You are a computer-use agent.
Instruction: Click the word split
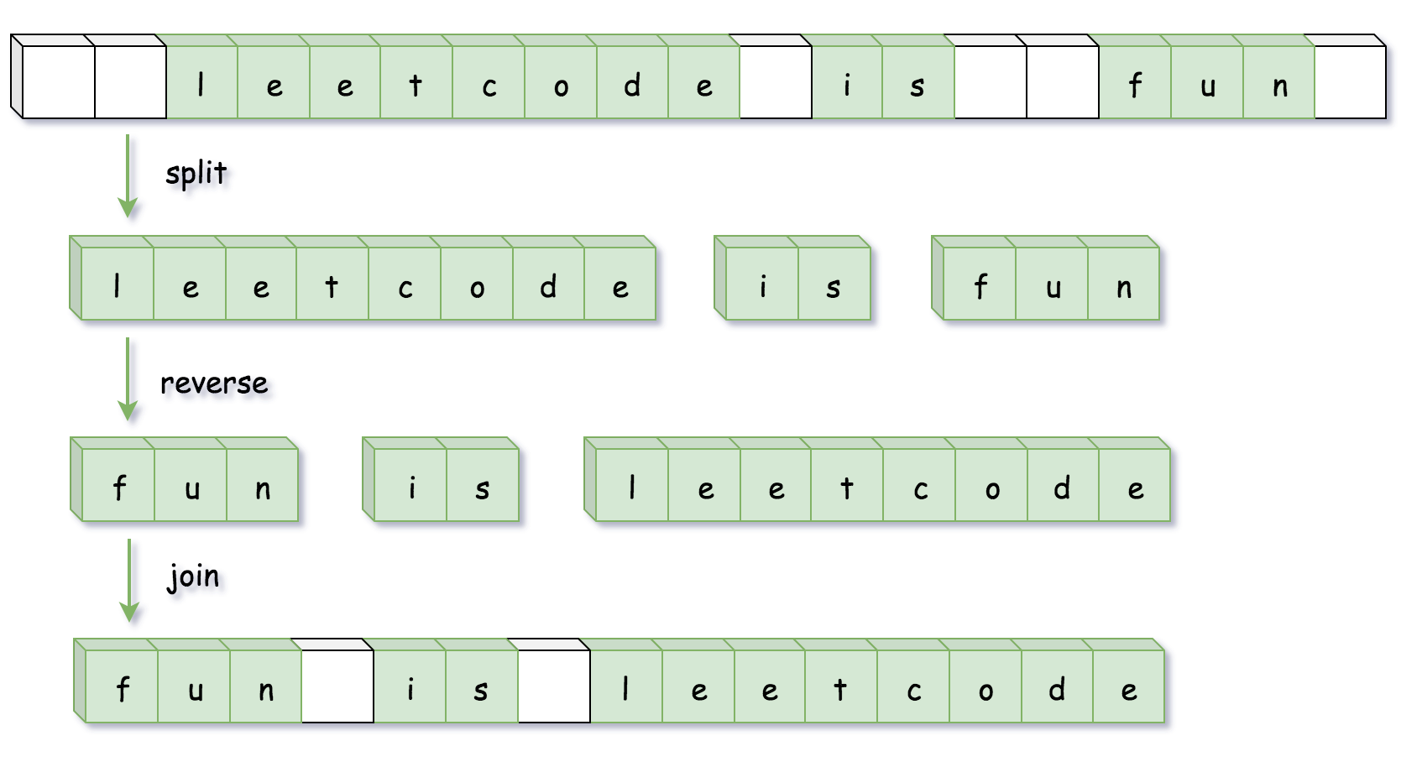(196, 174)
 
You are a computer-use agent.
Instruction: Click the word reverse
(214, 383)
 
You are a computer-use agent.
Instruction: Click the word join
(194, 577)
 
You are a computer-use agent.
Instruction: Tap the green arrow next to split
(128, 176)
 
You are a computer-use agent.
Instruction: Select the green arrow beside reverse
(128, 379)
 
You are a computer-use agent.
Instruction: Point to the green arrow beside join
(129, 581)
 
